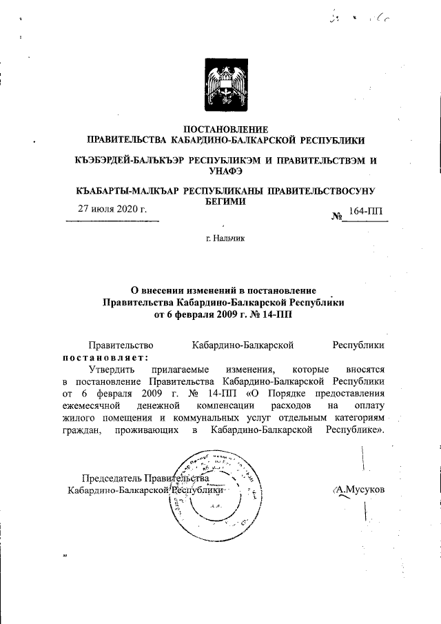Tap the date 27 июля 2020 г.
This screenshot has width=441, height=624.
[112, 209]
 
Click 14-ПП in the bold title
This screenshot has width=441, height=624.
[283, 316]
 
